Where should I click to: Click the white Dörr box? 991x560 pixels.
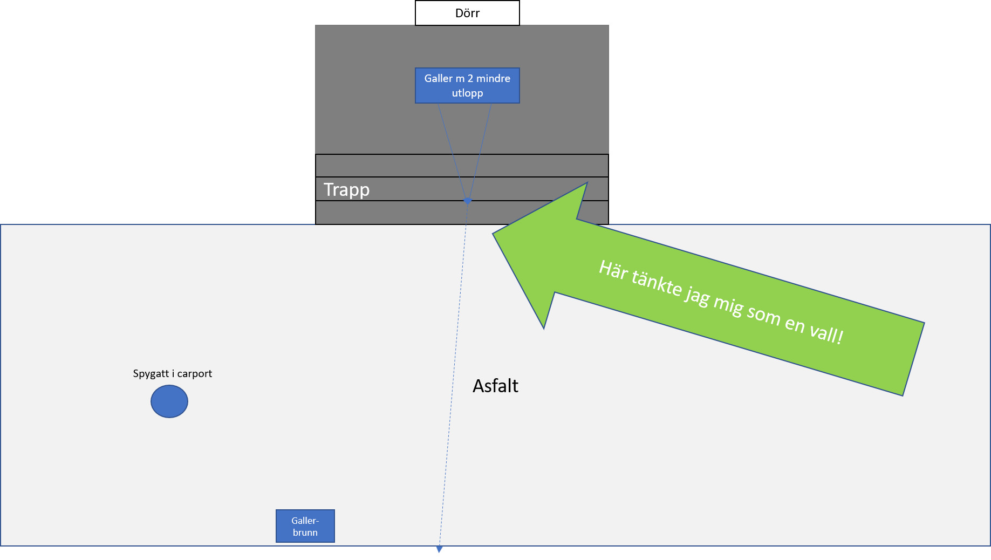tap(467, 13)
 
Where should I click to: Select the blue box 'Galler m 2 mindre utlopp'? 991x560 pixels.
tap(467, 85)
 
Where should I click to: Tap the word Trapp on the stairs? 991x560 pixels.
tap(346, 190)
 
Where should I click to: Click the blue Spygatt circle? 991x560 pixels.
tap(169, 401)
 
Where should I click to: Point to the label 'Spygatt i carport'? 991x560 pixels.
tap(172, 373)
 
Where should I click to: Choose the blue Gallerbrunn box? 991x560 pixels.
tap(305, 526)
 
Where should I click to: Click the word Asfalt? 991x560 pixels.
tap(495, 386)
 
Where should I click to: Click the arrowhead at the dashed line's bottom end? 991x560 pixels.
tap(439, 550)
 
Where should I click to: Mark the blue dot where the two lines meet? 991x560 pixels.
tap(468, 201)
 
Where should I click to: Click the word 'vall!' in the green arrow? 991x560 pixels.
tap(826, 333)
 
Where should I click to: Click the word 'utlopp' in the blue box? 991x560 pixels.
tap(467, 93)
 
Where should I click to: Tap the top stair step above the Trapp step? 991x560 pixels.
tap(462, 166)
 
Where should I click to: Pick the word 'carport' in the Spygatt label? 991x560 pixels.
tap(194, 373)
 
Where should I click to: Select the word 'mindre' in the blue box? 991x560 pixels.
tap(493, 78)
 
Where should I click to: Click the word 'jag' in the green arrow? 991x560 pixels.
tap(697, 296)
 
